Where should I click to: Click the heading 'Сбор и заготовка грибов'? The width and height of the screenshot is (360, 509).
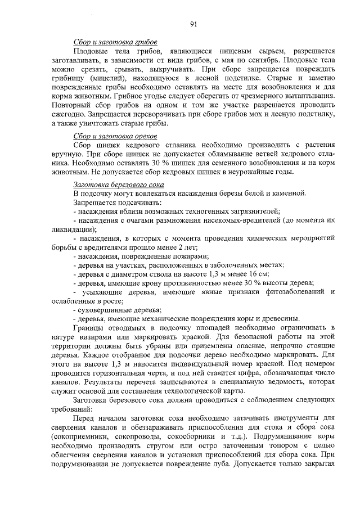pos(115,43)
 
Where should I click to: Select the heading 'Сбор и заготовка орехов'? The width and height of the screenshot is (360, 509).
pos(116,137)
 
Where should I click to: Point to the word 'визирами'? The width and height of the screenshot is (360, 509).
pos(98,336)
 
